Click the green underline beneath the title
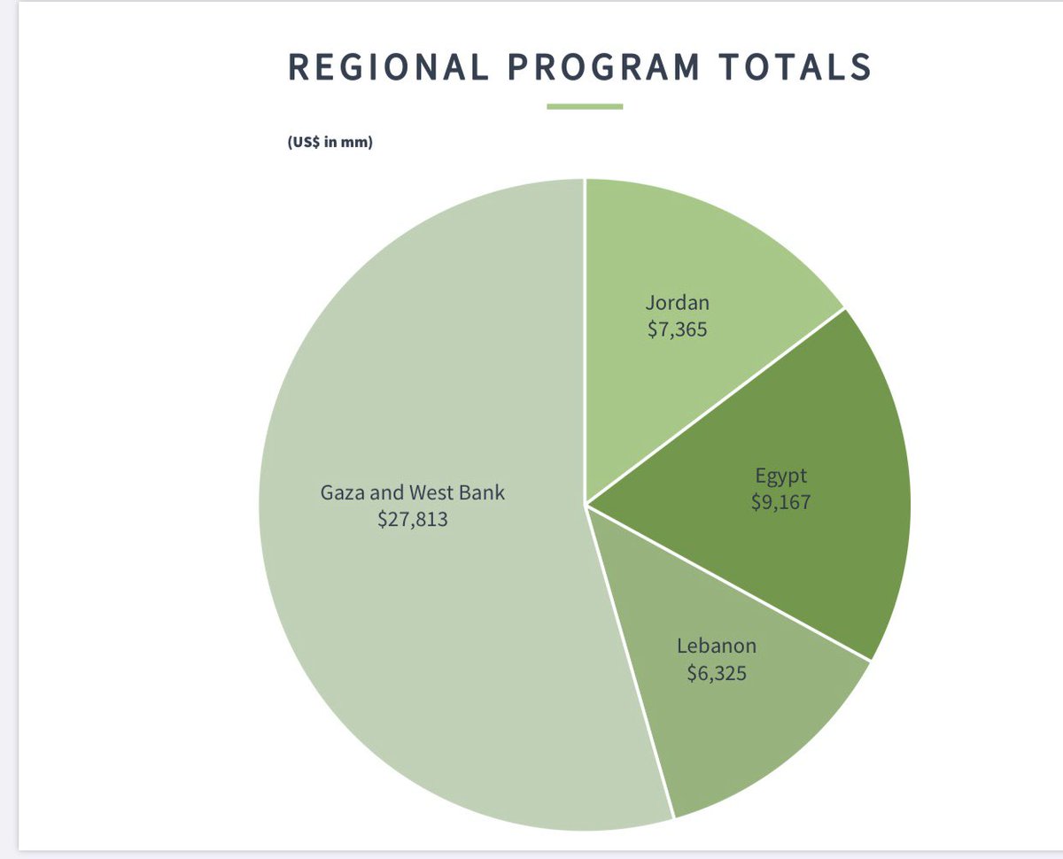[x=585, y=107]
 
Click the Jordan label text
[x=678, y=303]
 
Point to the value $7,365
[x=678, y=333]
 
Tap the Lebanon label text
[x=717, y=646]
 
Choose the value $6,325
[x=717, y=673]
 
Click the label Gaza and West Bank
[x=413, y=491]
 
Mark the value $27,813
[x=413, y=520]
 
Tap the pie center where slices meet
[x=585, y=505]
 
